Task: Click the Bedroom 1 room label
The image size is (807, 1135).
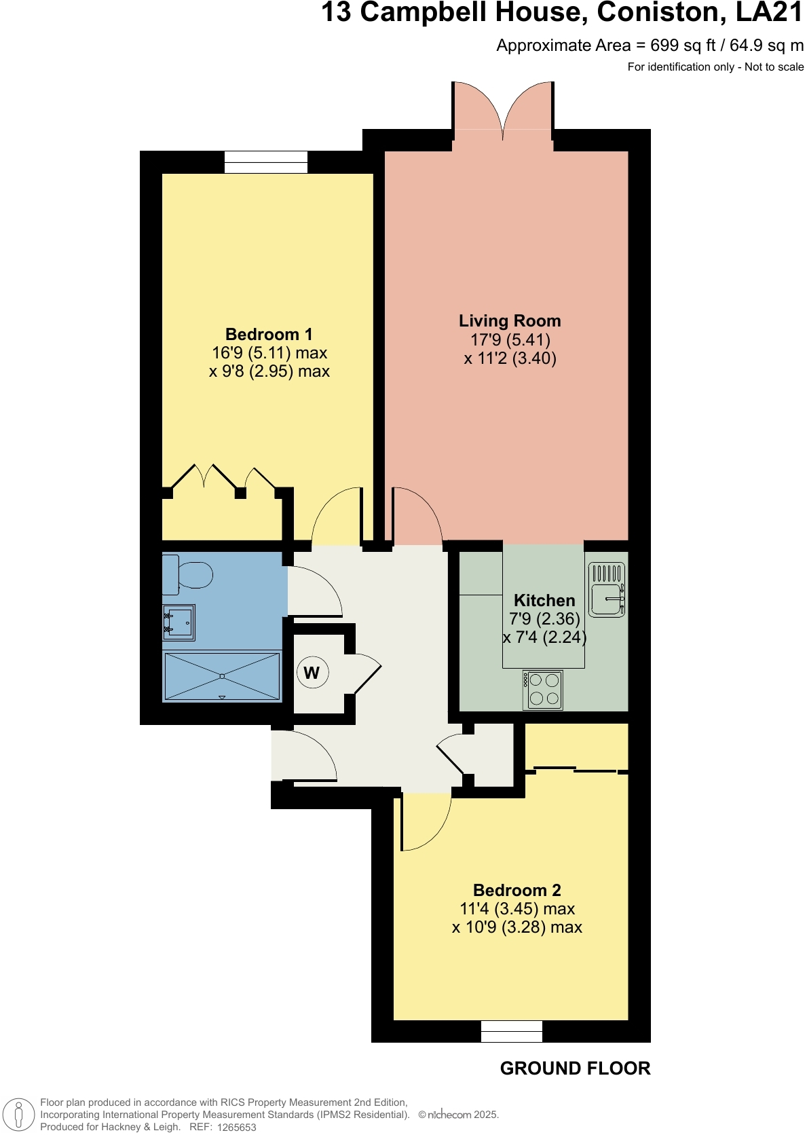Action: (269, 335)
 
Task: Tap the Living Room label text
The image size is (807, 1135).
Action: (510, 321)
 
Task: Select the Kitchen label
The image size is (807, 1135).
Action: (544, 601)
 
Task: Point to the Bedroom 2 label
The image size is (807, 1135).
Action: (517, 891)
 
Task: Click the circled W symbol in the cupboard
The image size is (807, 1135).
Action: (312, 673)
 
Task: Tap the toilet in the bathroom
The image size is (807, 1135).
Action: (189, 575)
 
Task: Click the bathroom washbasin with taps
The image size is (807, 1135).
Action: (179, 622)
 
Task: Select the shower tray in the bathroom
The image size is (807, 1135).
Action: (222, 676)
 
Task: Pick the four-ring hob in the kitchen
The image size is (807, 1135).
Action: (543, 689)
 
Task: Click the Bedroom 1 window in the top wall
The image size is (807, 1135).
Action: (266, 162)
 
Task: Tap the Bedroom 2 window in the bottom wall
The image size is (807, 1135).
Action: (512, 1031)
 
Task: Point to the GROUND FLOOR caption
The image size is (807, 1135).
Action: (575, 1068)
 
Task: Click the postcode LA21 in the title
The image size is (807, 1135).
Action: (769, 13)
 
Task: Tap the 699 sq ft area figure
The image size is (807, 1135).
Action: (683, 45)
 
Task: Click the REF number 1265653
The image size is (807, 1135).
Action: (236, 1128)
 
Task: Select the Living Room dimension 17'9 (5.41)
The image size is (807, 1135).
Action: (510, 340)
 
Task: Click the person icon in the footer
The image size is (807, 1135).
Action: (19, 1115)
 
